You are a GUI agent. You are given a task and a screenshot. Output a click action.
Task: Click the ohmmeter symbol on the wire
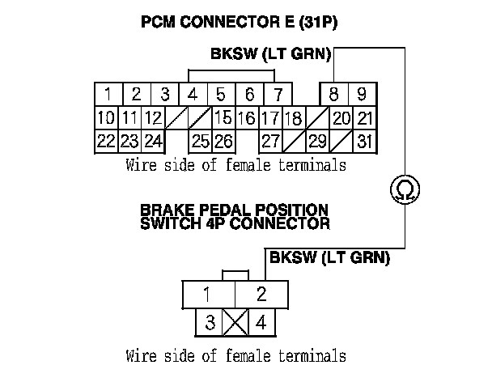[x=402, y=191]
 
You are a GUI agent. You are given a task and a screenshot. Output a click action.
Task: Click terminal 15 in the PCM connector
[x=223, y=118]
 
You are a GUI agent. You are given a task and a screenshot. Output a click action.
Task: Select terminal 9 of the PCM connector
[x=363, y=93]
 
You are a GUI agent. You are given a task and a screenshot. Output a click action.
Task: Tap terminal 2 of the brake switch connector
[x=261, y=294]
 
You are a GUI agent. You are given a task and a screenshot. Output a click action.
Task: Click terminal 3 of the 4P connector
[x=209, y=323]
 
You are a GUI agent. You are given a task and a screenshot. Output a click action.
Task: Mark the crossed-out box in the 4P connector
[x=235, y=323]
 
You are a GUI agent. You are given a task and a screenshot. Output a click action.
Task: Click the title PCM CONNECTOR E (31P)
[x=239, y=23]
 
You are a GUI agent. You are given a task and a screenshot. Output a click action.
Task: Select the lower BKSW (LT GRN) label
[x=329, y=259]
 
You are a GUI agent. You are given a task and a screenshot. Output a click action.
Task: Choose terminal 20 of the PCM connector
[x=341, y=118]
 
